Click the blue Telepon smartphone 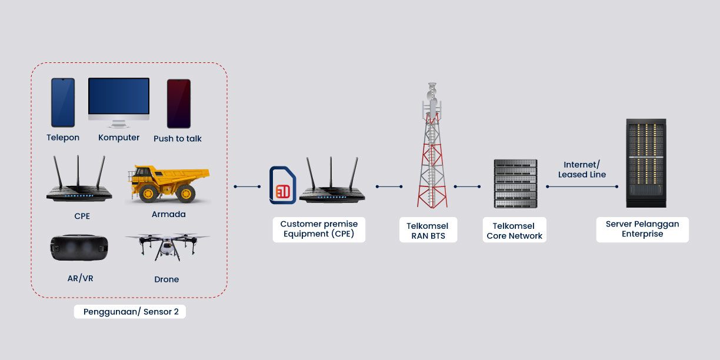click(x=62, y=102)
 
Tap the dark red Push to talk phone click(x=178, y=104)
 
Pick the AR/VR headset click(x=80, y=248)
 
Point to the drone click(x=166, y=246)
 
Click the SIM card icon click(x=282, y=186)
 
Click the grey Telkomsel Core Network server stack click(x=516, y=183)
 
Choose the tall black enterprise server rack click(x=646, y=163)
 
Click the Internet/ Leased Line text click(x=582, y=169)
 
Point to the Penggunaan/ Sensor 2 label click(x=130, y=312)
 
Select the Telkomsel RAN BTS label click(x=428, y=231)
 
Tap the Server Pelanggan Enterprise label click(x=642, y=229)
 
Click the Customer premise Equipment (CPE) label click(x=319, y=229)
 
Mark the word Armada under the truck click(x=169, y=214)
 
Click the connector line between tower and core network click(x=468, y=186)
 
